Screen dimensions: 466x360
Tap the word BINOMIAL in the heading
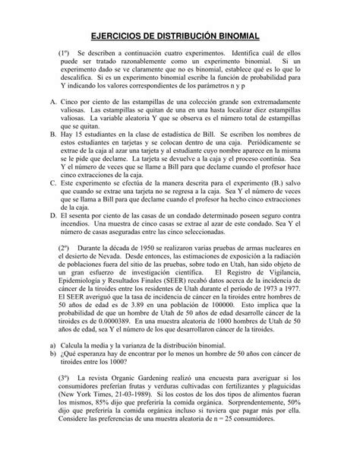coord(237,35)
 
